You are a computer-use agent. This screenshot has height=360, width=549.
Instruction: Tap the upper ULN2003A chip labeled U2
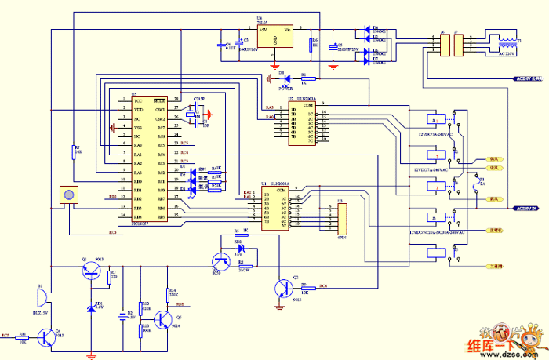(x=302, y=124)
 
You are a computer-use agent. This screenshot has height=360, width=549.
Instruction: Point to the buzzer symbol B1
(x=42, y=298)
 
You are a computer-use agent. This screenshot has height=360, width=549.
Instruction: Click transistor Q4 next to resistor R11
(x=49, y=336)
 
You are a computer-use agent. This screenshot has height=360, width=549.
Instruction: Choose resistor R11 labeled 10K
(x=23, y=336)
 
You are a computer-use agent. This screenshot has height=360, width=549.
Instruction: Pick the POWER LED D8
(x=285, y=78)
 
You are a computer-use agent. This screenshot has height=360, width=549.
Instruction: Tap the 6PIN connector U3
(x=340, y=217)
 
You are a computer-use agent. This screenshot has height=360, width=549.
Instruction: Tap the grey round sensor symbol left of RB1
(x=69, y=195)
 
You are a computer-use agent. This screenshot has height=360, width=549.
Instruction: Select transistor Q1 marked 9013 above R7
(x=92, y=271)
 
